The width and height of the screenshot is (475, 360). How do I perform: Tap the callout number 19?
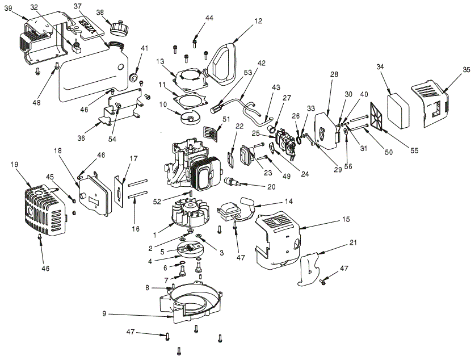(x=15, y=165)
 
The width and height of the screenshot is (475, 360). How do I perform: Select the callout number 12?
(x=258, y=21)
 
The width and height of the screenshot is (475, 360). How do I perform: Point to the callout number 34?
(x=379, y=67)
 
